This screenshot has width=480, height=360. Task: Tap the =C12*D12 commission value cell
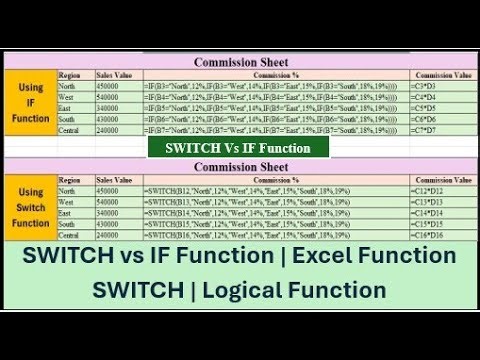tap(439, 190)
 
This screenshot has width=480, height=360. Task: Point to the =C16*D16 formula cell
tap(439, 235)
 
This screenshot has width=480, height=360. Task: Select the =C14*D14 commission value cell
tap(439, 213)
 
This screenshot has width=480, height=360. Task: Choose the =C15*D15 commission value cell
tap(439, 224)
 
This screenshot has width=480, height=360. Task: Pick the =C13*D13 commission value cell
tap(439, 201)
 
